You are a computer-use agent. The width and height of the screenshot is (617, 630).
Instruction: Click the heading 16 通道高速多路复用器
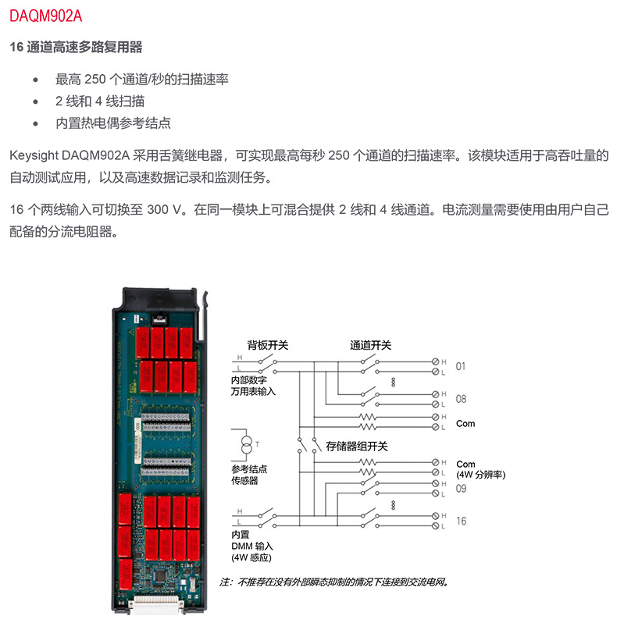pos(76,48)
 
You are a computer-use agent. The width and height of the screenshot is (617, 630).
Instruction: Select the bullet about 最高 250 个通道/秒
pos(141,80)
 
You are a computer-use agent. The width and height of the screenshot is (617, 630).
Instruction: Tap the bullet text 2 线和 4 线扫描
pos(99,101)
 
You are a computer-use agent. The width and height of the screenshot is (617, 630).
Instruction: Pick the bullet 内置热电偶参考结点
pos(112,123)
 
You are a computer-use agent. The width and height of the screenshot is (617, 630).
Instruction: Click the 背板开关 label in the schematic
pos(268,344)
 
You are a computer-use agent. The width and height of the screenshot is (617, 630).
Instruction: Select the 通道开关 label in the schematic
pos(370,344)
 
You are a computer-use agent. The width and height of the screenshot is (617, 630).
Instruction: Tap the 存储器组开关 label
pos(357,447)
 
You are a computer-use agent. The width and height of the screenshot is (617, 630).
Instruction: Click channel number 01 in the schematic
pos(460,365)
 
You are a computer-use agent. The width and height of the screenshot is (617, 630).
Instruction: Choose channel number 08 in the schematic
pos(461,399)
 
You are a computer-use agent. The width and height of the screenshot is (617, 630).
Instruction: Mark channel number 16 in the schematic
pos(461,521)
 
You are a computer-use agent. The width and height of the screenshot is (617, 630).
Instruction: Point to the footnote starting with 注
pos(336,582)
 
